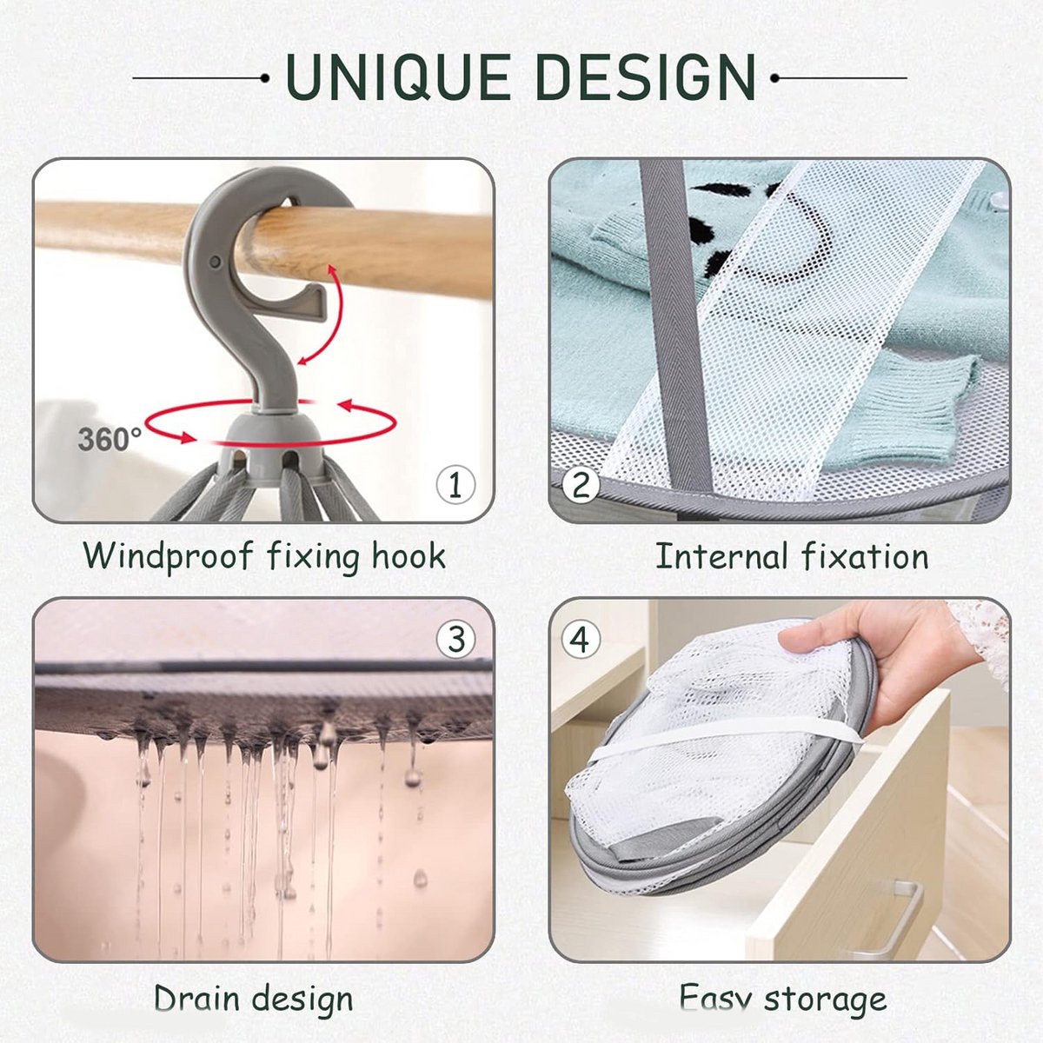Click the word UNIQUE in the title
click(x=397, y=76)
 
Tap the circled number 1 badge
click(x=455, y=484)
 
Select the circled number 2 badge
click(x=581, y=484)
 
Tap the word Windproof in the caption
click(x=169, y=557)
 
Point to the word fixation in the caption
click(x=864, y=556)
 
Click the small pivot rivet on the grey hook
click(x=215, y=262)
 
